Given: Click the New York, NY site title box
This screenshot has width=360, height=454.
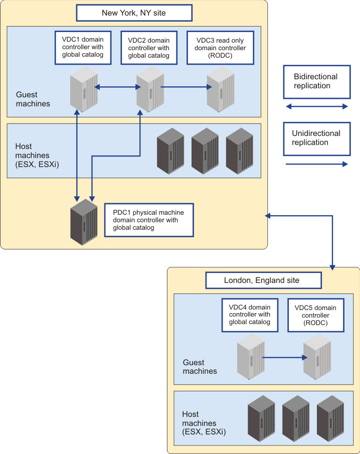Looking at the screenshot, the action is [134, 13].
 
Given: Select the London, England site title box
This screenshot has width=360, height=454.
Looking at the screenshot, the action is [263, 280].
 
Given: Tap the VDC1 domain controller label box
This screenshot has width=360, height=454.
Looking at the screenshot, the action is [83, 48].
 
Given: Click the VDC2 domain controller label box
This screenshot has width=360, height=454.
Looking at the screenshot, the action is [149, 48].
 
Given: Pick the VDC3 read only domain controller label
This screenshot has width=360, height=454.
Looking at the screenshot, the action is [220, 48].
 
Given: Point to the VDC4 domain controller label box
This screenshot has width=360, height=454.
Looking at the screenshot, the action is [250, 315].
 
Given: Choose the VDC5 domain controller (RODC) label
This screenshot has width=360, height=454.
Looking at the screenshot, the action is [316, 315].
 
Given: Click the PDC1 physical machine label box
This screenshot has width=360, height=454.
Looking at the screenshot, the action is [149, 220].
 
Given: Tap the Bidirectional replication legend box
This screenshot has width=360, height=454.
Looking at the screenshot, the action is [317, 82].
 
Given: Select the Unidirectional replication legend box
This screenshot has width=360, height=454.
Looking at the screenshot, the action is [317, 139].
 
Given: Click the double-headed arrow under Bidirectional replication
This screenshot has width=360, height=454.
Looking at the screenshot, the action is [317, 106].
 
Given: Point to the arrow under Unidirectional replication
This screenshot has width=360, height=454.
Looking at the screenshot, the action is [317, 164].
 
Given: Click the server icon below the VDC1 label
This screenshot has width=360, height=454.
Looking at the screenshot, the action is [84, 89].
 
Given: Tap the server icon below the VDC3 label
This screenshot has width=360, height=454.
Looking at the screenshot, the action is [221, 89].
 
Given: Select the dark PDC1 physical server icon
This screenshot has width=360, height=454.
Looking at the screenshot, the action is [84, 222].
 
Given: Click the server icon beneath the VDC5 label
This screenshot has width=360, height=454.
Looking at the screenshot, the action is [317, 357].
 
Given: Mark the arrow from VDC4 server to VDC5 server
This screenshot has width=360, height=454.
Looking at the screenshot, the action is [285, 358].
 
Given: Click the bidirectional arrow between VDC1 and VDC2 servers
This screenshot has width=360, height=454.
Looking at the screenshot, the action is [117, 87].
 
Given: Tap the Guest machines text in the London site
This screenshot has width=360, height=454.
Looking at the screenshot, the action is [200, 367].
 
